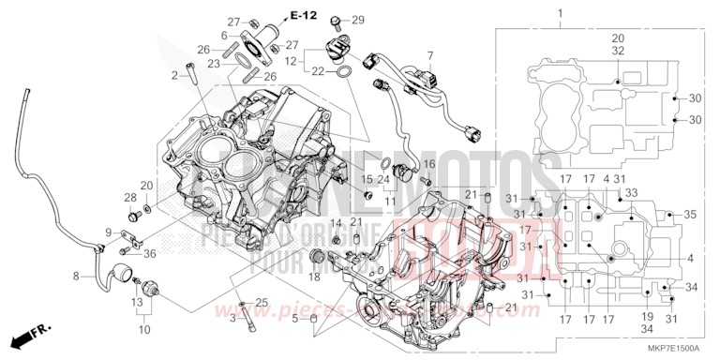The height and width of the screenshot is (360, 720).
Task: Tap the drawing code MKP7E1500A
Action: point(673,347)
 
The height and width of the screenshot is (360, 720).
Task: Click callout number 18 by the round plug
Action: point(315,277)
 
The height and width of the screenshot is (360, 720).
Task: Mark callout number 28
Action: point(129,197)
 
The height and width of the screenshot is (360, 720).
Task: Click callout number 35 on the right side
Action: point(690,216)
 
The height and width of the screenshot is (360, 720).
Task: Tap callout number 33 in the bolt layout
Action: point(631,193)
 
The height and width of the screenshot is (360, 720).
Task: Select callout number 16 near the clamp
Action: point(430,163)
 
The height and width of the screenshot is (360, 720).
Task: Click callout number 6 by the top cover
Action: point(224,36)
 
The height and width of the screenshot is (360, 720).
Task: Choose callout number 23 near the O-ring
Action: point(213,64)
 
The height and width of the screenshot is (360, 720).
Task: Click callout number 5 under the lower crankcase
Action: point(295,320)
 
